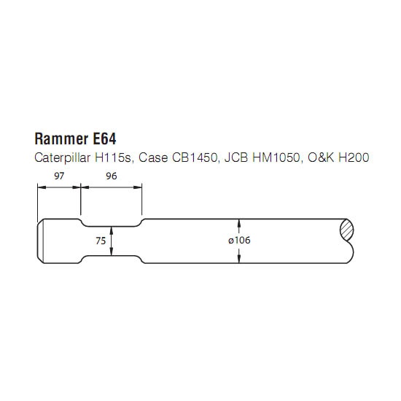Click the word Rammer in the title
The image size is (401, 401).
[x=61, y=139]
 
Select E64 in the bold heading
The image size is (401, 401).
[x=104, y=139]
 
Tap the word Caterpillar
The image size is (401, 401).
[x=63, y=157]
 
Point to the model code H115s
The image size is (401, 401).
[x=113, y=157]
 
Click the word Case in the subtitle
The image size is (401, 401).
[x=153, y=157]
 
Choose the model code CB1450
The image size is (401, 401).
[x=195, y=157]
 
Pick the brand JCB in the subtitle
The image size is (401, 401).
[x=236, y=157]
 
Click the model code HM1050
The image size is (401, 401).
[x=276, y=157]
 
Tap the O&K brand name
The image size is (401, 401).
[x=321, y=157]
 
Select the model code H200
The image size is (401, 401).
[x=354, y=157]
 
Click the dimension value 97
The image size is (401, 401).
[x=59, y=176]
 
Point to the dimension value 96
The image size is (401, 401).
[x=112, y=176]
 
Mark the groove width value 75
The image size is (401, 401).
[x=101, y=241]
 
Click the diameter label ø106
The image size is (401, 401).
[x=239, y=240]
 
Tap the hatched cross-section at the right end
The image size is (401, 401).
[x=347, y=230]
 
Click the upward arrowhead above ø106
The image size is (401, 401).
[x=239, y=222]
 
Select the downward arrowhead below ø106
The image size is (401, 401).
[x=239, y=259]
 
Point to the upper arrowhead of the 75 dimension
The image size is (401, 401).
[x=112, y=230]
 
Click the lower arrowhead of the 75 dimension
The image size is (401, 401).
[x=112, y=252]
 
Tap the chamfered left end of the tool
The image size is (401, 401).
[x=40, y=241]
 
